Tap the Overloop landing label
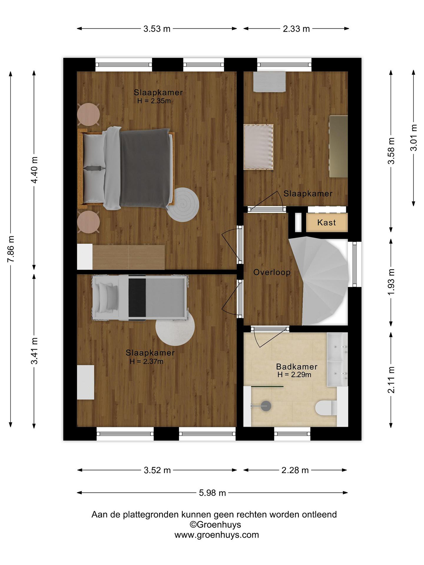[x=272, y=272]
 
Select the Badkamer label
[x=296, y=367]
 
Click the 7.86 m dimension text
[x=11, y=249]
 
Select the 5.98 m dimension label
[x=212, y=493]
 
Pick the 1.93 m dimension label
[x=391, y=282]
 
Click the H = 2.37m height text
[x=146, y=361]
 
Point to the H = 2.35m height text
[x=154, y=101]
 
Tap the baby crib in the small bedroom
[x=259, y=147]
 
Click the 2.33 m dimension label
[x=296, y=29]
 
